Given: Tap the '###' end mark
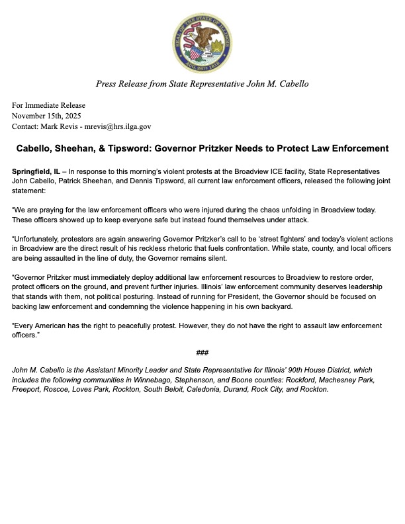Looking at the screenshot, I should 202,351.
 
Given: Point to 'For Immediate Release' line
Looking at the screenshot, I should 48,105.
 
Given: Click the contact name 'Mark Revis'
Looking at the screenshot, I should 64,126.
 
